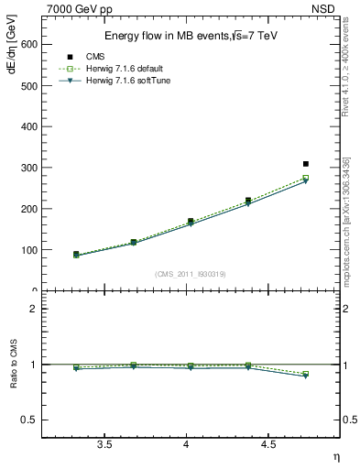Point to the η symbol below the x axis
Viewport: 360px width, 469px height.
[x=336, y=455]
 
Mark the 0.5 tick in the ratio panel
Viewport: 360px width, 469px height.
[x=34, y=420]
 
